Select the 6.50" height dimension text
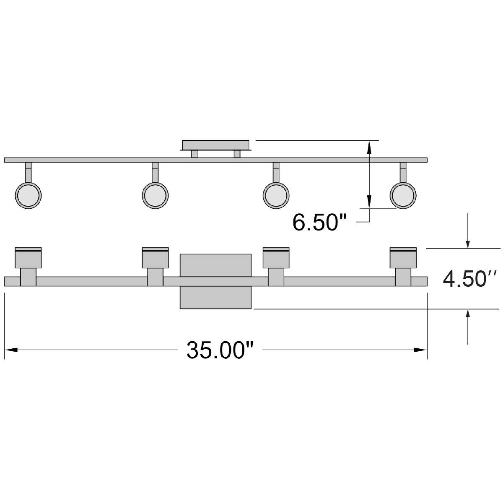pyautogui.click(x=321, y=222)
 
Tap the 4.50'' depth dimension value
pyautogui.click(x=470, y=279)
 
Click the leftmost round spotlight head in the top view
pyautogui.click(x=28, y=195)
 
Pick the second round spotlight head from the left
pyautogui.click(x=156, y=195)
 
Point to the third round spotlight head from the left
pyautogui.click(x=276, y=195)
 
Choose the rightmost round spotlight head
pyautogui.click(x=403, y=195)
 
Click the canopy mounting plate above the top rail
pyautogui.click(x=216, y=145)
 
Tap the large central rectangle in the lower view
pyautogui.click(x=215, y=281)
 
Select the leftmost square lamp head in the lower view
pyautogui.click(x=28, y=258)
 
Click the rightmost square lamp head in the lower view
pyautogui.click(x=403, y=258)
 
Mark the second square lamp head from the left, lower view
pyautogui.click(x=156, y=258)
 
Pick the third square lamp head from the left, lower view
pyautogui.click(x=276, y=258)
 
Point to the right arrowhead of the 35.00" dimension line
pyautogui.click(x=421, y=350)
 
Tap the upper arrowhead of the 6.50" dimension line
pyautogui.click(x=368, y=146)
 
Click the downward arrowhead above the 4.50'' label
pyautogui.click(x=468, y=244)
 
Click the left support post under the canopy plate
pyautogui.click(x=194, y=154)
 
